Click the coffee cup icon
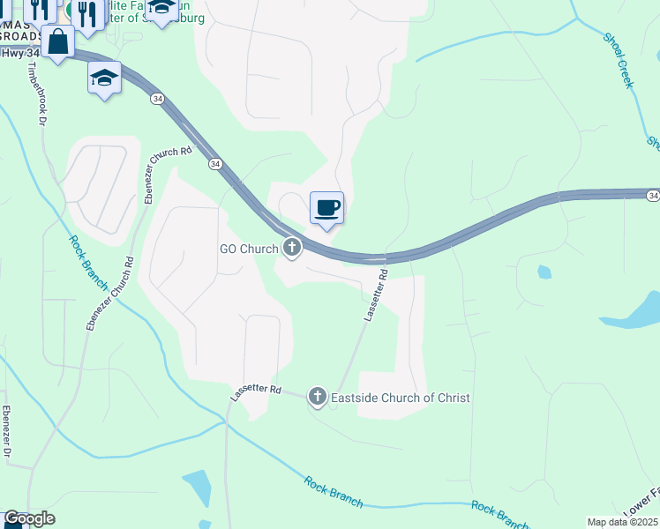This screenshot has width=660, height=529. coord(326,208)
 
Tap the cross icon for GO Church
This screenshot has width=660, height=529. coord(292,249)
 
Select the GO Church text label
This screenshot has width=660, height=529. coord(249,249)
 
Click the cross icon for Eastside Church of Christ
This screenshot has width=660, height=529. coord(317,398)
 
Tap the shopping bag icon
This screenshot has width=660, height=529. coord(57,41)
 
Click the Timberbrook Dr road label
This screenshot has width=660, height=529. coord(36,95)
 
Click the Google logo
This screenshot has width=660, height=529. coord(28,518)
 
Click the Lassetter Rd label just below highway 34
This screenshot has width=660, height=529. coord(374,296)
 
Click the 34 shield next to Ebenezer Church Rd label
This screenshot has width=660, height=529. coord(215,164)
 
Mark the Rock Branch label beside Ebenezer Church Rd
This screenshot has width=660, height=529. coord(91,263)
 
